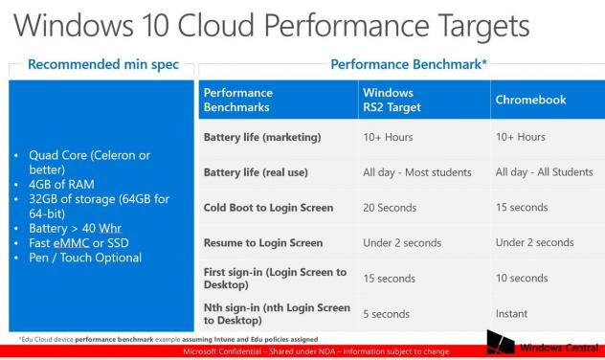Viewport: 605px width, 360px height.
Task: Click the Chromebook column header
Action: [x=528, y=100]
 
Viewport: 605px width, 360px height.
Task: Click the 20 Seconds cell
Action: [x=390, y=207]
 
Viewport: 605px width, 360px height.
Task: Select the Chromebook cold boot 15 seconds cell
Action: [x=522, y=207]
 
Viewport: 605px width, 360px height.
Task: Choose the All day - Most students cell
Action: [x=417, y=172]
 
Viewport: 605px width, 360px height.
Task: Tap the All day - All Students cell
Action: [x=544, y=172]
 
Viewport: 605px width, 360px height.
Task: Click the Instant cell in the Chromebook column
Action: [x=512, y=313]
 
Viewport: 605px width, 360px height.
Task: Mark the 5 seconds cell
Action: [x=386, y=313]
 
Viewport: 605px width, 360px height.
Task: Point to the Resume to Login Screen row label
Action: [x=263, y=242]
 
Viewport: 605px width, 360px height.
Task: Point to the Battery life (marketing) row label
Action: [x=261, y=137]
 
